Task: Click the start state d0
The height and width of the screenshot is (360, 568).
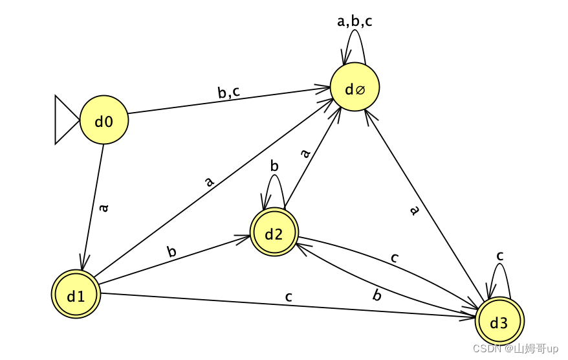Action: click(x=104, y=120)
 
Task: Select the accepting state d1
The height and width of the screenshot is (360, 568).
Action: click(x=76, y=296)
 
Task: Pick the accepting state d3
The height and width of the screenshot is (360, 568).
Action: click(x=499, y=322)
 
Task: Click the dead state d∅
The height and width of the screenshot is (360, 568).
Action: click(x=354, y=89)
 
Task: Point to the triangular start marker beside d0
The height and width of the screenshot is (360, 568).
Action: click(x=65, y=120)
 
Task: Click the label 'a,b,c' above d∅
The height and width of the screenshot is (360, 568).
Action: click(x=355, y=21)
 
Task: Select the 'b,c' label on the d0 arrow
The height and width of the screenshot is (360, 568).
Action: click(x=228, y=93)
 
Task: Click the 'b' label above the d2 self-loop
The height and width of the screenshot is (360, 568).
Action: click(x=274, y=166)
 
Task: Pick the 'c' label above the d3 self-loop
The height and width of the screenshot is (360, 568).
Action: click(x=499, y=256)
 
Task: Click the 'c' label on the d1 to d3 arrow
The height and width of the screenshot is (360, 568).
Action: click(x=289, y=297)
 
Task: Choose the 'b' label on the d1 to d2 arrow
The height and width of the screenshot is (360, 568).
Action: click(x=172, y=251)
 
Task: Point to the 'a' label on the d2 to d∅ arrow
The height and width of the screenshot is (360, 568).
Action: click(x=306, y=153)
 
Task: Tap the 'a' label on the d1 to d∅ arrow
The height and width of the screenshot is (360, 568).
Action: click(x=208, y=182)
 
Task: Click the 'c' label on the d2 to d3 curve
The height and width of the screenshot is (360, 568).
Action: click(x=395, y=257)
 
